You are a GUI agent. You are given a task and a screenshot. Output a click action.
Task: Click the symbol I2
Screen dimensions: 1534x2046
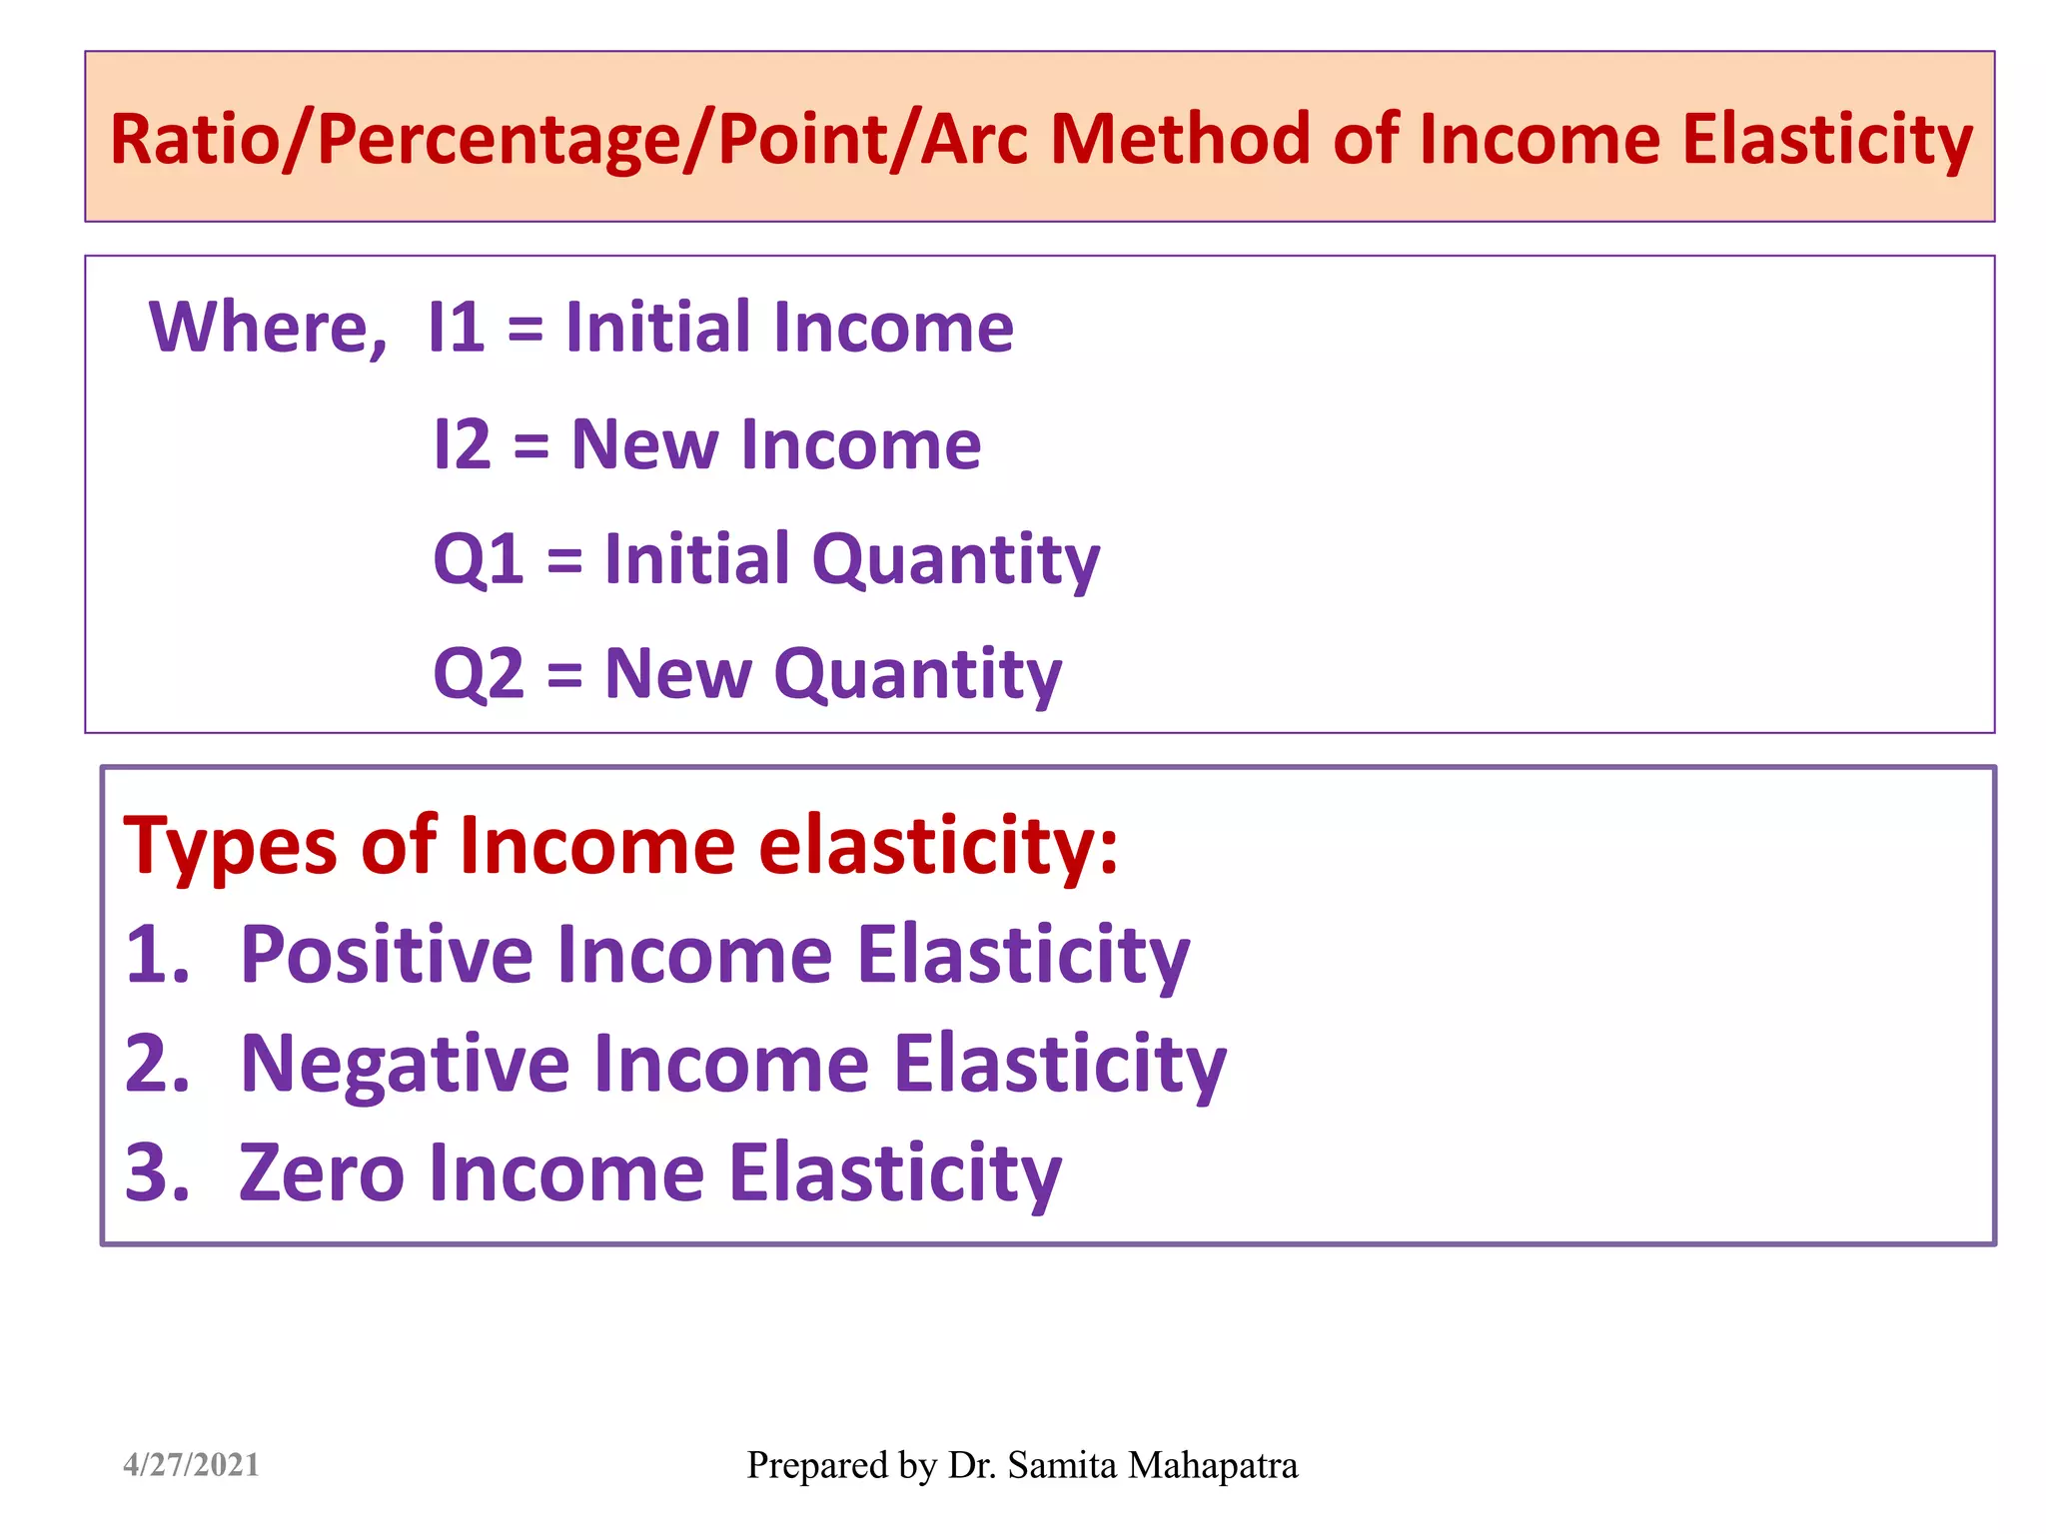tap(463, 444)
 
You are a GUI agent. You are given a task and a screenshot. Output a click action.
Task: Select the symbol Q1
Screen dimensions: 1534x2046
tap(479, 559)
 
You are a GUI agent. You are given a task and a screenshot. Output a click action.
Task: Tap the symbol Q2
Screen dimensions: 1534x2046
tap(479, 674)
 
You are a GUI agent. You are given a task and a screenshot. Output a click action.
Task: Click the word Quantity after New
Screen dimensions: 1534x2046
tap(917, 676)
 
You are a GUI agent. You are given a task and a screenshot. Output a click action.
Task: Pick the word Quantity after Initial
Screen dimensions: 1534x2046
tap(955, 561)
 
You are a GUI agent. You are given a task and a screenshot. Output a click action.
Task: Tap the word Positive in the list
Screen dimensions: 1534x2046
tap(387, 955)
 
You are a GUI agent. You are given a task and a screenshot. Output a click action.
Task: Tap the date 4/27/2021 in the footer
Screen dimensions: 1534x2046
tap(191, 1465)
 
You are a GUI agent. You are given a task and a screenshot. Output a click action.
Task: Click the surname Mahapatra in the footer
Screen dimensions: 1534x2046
tap(1212, 1465)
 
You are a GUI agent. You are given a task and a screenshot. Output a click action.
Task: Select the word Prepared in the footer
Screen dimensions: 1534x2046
tap(816, 1466)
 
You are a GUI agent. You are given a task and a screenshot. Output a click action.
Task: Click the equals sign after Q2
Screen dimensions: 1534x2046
tap(564, 674)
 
